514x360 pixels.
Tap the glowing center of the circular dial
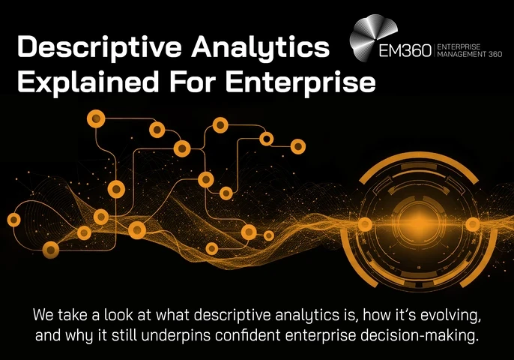(417, 223)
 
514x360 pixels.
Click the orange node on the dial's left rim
(364, 223)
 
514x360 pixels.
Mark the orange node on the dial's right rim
(472, 223)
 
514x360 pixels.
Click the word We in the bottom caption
(43, 313)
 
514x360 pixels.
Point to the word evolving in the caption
(440, 313)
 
